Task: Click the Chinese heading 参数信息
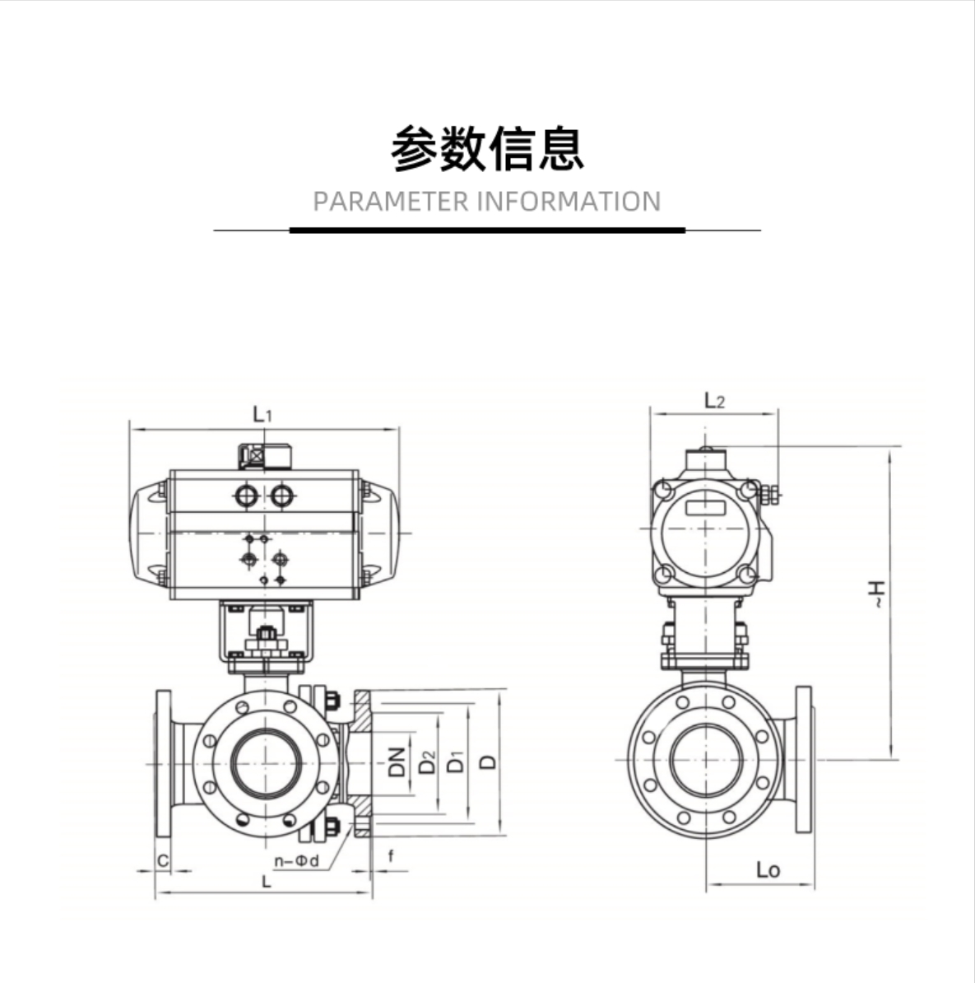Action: click(487, 148)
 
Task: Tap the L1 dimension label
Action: click(262, 414)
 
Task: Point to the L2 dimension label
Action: click(714, 401)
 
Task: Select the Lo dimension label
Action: click(767, 869)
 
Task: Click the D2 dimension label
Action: click(426, 762)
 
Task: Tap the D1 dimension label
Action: click(455, 762)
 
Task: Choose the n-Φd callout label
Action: click(295, 861)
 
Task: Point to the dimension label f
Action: click(391, 856)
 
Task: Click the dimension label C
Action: click(163, 861)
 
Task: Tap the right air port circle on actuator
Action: click(281, 496)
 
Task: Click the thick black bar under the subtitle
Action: click(487, 230)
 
